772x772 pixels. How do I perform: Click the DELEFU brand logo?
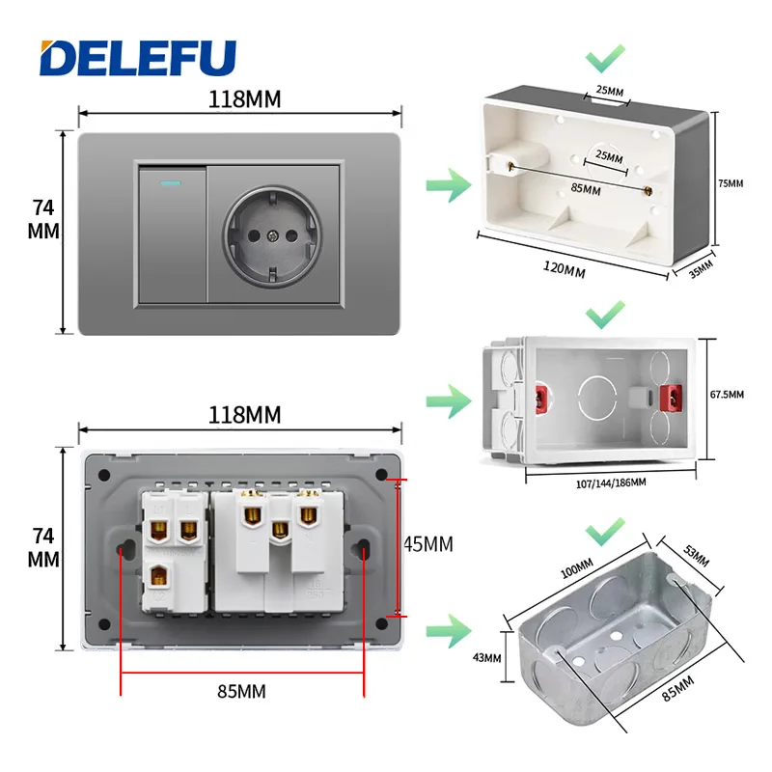pyautogui.click(x=138, y=58)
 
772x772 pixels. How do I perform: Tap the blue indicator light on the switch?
pyautogui.click(x=171, y=183)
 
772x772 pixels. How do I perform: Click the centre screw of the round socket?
pyautogui.click(x=273, y=236)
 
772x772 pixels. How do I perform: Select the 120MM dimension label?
pyautogui.click(x=565, y=269)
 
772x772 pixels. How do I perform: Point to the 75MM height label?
pyautogui.click(x=731, y=183)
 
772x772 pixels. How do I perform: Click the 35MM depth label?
pyautogui.click(x=702, y=269)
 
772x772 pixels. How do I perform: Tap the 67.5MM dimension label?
pyautogui.click(x=727, y=395)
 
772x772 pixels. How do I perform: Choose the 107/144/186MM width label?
pyautogui.click(x=611, y=483)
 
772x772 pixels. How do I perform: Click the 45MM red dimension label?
pyautogui.click(x=428, y=544)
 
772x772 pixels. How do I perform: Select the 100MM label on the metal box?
pyautogui.click(x=577, y=568)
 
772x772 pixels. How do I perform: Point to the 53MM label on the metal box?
pyautogui.click(x=696, y=557)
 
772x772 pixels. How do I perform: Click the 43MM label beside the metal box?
pyautogui.click(x=486, y=658)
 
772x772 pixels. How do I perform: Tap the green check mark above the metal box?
pyautogui.click(x=605, y=532)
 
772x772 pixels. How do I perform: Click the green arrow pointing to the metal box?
pyautogui.click(x=449, y=631)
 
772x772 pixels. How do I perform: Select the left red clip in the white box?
pyautogui.click(x=541, y=398)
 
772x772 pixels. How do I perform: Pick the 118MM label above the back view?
pyautogui.click(x=245, y=415)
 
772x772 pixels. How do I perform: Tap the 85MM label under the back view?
pyautogui.click(x=241, y=691)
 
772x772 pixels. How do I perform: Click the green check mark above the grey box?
pyautogui.click(x=605, y=59)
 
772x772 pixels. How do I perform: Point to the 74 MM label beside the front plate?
pyautogui.click(x=43, y=219)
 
